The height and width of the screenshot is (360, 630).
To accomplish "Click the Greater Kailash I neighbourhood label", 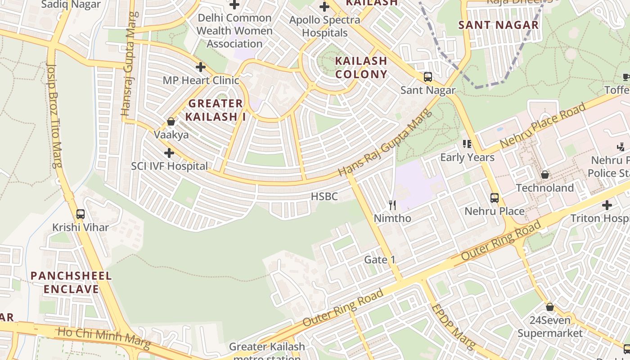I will coord(216,110).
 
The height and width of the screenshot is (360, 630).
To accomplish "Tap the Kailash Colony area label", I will coord(361,67).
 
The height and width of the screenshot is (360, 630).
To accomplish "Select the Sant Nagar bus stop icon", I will coord(427,77).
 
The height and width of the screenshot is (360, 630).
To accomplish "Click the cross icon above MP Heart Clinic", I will coord(201,67).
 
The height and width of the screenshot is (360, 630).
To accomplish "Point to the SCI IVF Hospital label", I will coord(170,166).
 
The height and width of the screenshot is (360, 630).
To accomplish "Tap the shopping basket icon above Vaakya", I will coord(171,121).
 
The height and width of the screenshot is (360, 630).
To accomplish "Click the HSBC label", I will coord(324,197).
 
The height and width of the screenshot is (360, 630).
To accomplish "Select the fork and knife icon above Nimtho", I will coord(392,205).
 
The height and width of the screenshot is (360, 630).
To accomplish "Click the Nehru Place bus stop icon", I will coord(494,198).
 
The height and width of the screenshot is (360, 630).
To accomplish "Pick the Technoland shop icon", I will coord(545,175).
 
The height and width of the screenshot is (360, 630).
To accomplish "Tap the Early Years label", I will coord(467,157).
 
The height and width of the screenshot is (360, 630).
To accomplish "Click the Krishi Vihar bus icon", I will coord(81,214).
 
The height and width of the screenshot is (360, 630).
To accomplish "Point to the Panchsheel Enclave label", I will coord(71,282).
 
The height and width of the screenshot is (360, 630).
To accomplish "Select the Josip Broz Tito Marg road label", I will coord(54,114).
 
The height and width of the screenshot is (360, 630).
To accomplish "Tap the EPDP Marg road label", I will coord(453,327).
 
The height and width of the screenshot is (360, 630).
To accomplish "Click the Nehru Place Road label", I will coord(543,125).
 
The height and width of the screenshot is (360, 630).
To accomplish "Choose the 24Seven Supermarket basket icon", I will coord(549,307).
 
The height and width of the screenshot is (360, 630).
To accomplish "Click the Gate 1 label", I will coord(379,260).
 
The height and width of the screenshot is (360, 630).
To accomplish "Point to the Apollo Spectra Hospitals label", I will coord(324,27).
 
